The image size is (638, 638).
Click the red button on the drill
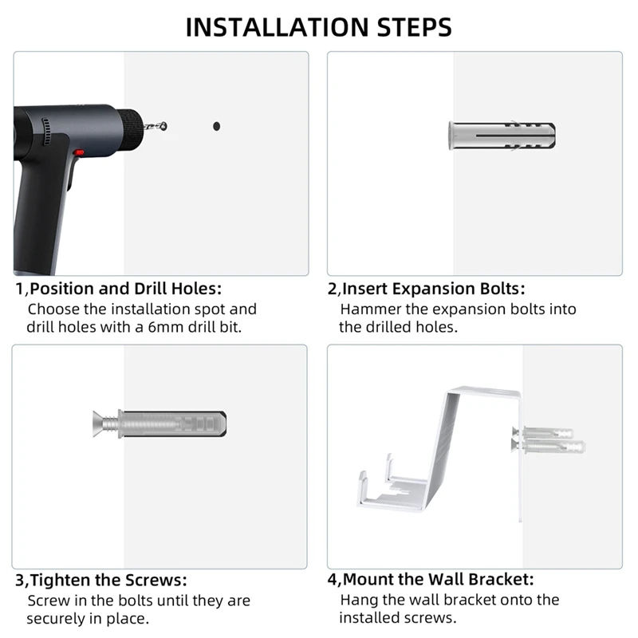(79, 153)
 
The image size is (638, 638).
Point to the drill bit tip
(163, 125)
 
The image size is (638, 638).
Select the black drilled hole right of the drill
(216, 126)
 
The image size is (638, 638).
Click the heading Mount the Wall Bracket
(438, 580)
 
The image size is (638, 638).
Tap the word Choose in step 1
(54, 309)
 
